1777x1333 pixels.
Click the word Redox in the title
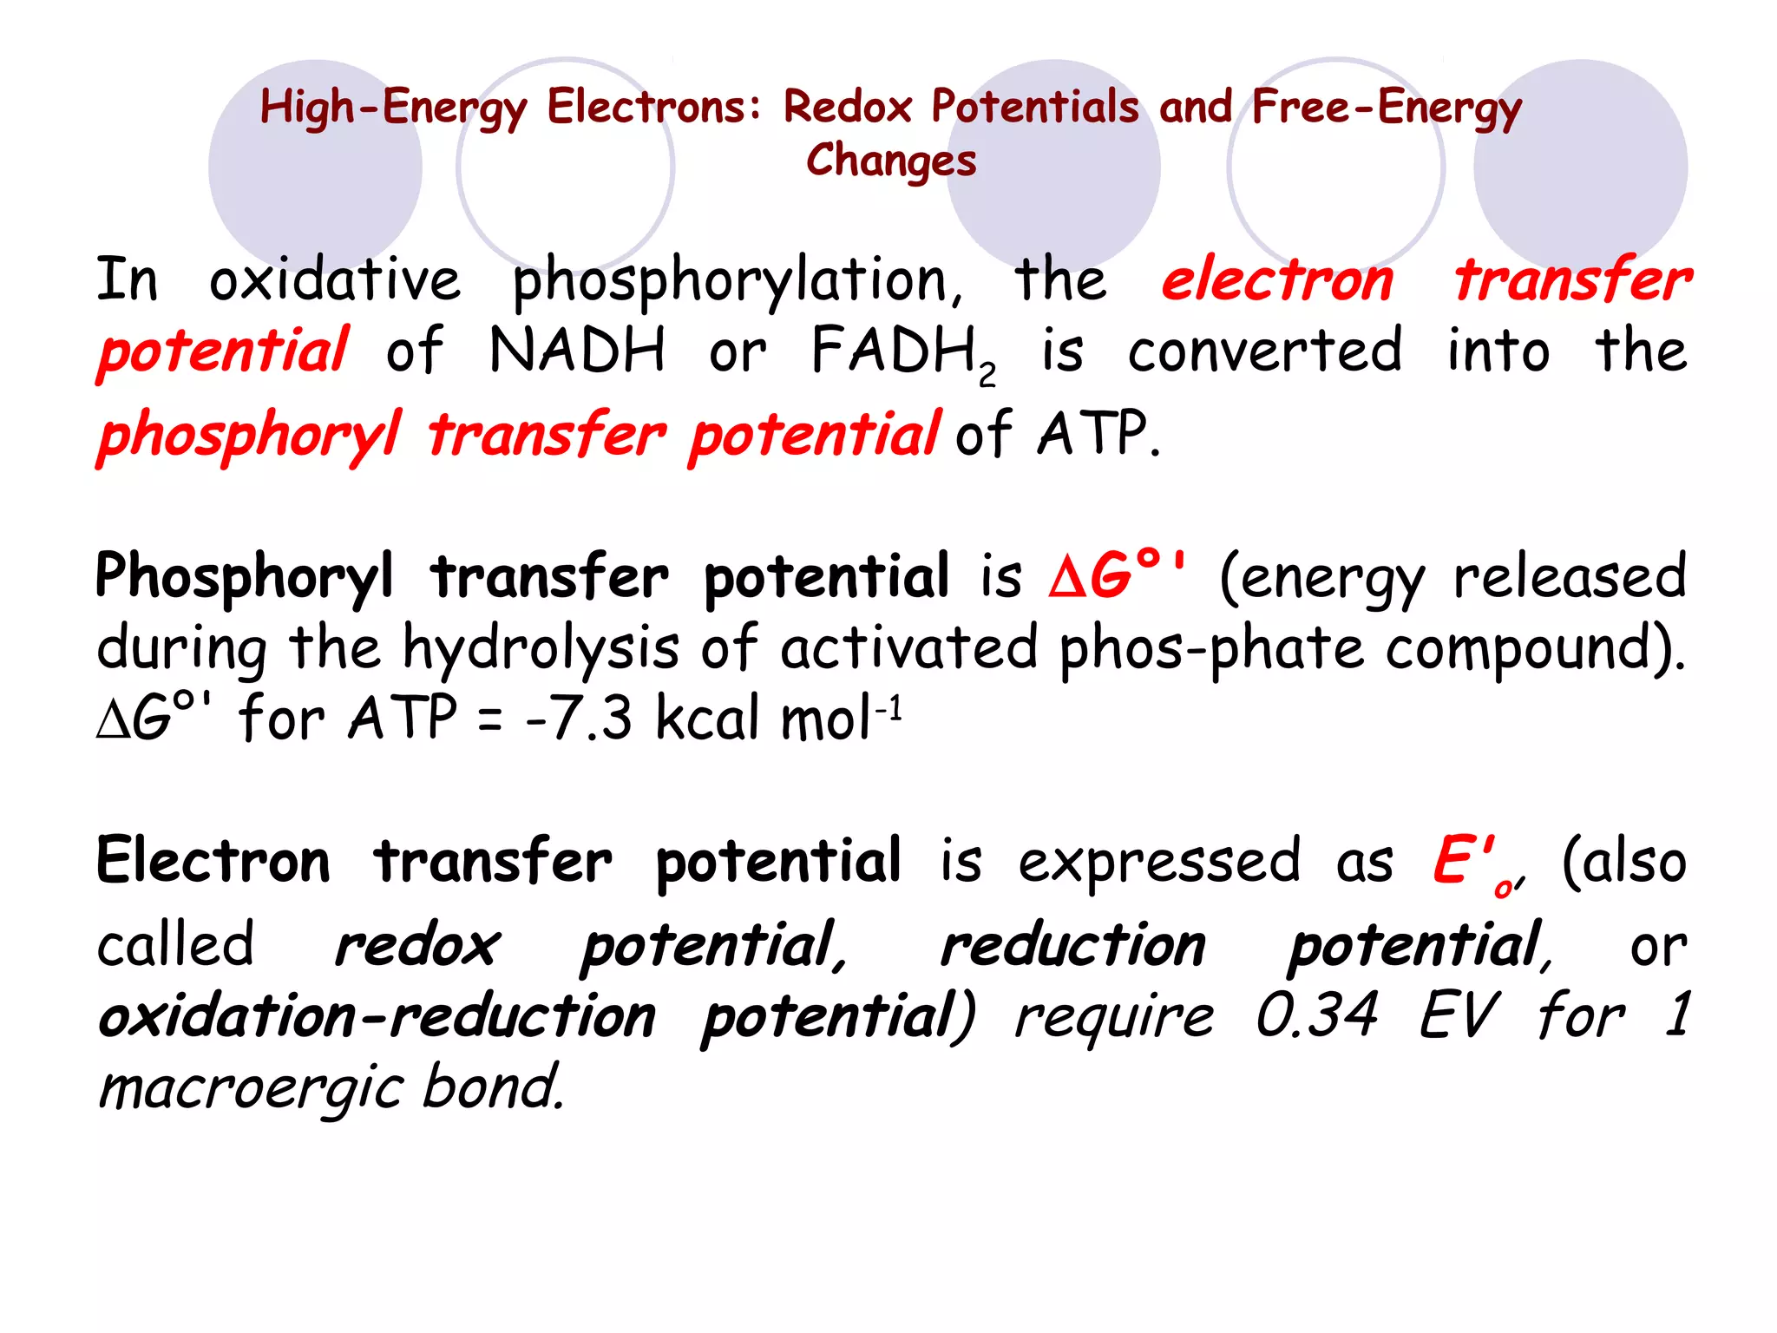pyautogui.click(x=848, y=107)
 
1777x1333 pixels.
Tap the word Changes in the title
pyautogui.click(x=891, y=161)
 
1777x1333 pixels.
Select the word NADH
pyautogui.click(x=578, y=351)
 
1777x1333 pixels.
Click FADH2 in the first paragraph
pyautogui.click(x=903, y=353)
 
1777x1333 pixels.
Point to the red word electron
pyautogui.click(x=1277, y=281)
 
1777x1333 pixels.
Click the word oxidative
pyautogui.click(x=335, y=281)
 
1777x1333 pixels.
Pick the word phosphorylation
pyautogui.click(x=738, y=283)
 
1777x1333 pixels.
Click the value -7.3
pyautogui.click(x=579, y=719)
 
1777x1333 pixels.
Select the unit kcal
pyautogui.click(x=711, y=719)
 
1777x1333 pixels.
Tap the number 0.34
pyautogui.click(x=1316, y=1015)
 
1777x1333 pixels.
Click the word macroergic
pyautogui.click(x=252, y=1088)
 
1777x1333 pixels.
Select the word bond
pyautogui.click(x=493, y=1087)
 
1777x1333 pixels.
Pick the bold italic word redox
pyautogui.click(x=417, y=945)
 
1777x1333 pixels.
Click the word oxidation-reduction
pyautogui.click(x=377, y=1016)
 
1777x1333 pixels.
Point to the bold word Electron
pyautogui.click(x=213, y=861)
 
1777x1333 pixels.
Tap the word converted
pyautogui.click(x=1264, y=351)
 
